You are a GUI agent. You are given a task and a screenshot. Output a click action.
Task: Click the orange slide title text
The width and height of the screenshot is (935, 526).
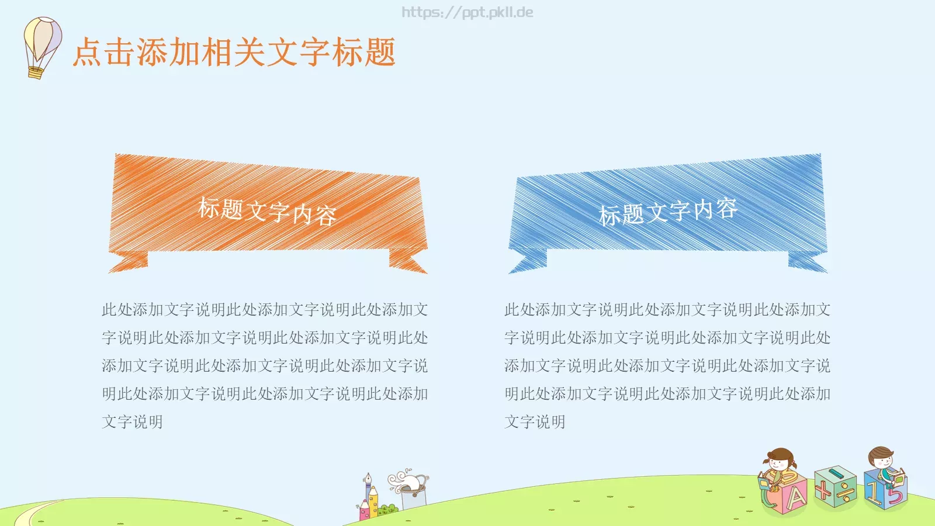pos(234,52)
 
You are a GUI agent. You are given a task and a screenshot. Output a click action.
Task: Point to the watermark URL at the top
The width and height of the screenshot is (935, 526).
pos(467,12)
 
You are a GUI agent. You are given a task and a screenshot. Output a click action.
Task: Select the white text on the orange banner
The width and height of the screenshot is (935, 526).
pos(267,211)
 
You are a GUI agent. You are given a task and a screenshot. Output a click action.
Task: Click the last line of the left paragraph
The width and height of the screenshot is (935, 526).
pos(133,421)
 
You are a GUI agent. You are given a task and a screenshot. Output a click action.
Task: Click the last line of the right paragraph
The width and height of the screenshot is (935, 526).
pos(535,421)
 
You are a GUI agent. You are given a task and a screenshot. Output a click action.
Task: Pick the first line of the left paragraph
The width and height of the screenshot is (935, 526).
pos(265,309)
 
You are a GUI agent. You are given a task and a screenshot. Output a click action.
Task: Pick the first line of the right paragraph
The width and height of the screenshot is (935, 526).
pos(667,309)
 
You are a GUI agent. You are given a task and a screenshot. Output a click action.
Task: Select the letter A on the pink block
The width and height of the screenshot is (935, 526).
pos(795,498)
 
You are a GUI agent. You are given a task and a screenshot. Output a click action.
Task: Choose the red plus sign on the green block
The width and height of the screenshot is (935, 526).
pos(823,489)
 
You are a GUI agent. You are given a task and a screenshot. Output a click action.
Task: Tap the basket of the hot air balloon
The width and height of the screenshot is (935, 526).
pos(35,72)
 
